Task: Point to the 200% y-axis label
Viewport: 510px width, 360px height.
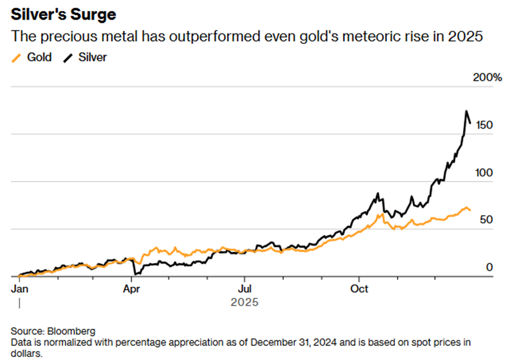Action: pyautogui.click(x=486, y=78)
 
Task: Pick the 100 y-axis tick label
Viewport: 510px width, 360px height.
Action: pyautogui.click(x=483, y=173)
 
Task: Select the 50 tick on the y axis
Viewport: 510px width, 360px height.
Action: pyautogui.click(x=486, y=220)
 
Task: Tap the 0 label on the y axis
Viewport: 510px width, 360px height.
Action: pyautogui.click(x=489, y=267)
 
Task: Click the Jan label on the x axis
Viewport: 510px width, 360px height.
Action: pyautogui.click(x=19, y=288)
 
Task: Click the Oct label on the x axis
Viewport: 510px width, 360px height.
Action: pyautogui.click(x=359, y=288)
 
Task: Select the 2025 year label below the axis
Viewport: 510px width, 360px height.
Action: pyautogui.click(x=244, y=302)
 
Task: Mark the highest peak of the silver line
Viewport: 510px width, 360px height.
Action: pyautogui.click(x=466, y=111)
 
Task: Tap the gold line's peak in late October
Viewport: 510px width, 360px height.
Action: pyautogui.click(x=382, y=214)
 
